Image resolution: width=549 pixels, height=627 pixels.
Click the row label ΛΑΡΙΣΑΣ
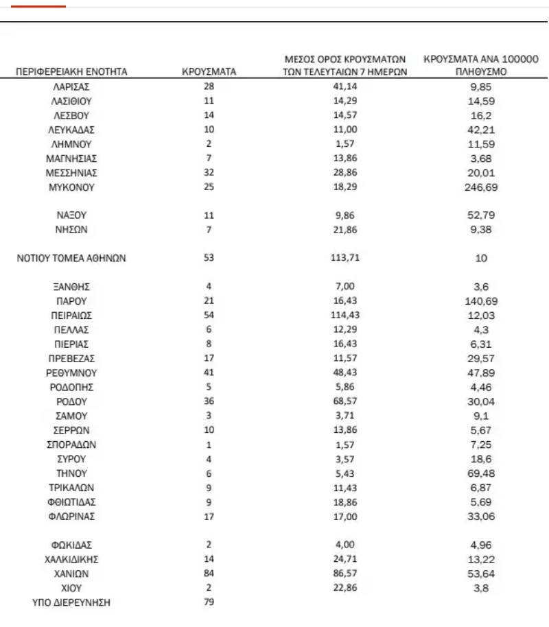(x=71, y=86)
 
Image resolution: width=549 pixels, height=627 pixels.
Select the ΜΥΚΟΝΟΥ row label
(x=71, y=187)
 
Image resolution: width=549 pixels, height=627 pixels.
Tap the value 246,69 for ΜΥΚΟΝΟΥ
(x=480, y=187)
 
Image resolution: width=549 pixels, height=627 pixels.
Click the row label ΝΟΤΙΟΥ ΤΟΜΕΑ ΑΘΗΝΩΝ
(x=71, y=258)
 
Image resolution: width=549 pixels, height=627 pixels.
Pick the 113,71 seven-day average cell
(x=345, y=258)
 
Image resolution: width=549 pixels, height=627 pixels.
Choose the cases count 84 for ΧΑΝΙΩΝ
(x=209, y=573)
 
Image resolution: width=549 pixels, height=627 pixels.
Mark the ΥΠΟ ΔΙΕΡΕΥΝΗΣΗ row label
(x=71, y=602)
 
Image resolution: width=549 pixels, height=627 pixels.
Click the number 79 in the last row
(x=209, y=602)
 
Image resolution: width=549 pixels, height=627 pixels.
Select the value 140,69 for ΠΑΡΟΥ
(x=480, y=301)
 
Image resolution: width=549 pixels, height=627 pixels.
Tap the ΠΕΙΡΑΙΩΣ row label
(x=71, y=316)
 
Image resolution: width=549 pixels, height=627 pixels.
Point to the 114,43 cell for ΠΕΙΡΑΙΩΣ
(x=345, y=316)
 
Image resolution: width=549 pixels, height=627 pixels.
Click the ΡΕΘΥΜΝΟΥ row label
(x=71, y=372)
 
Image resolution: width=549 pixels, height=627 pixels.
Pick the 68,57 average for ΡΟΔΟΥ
(x=345, y=401)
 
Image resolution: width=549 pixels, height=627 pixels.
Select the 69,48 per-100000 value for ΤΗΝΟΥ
(x=480, y=473)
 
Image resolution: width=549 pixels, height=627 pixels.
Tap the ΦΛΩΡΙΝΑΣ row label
(x=71, y=516)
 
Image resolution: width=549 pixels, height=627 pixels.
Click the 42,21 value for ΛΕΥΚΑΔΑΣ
(x=480, y=129)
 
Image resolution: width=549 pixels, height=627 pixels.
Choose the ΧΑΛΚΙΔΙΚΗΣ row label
(x=71, y=559)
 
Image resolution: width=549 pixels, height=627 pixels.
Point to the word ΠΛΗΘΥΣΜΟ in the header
(x=480, y=71)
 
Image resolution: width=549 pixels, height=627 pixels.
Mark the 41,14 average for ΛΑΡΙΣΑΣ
(x=345, y=86)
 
